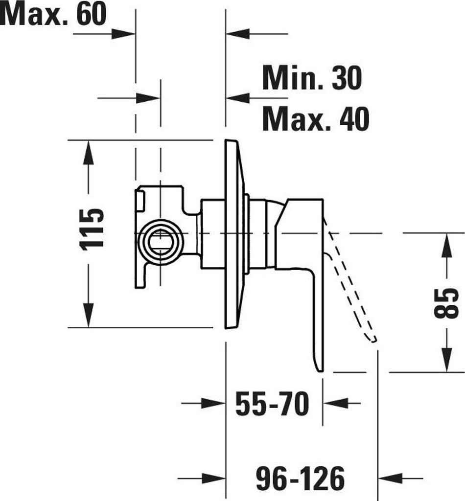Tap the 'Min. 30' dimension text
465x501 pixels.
tap(312, 78)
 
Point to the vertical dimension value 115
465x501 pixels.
tap(92, 229)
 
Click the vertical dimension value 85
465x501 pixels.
tap(446, 303)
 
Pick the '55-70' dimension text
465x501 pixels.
tap(272, 404)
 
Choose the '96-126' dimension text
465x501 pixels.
tap(301, 478)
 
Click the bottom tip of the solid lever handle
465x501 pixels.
tap(321, 371)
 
